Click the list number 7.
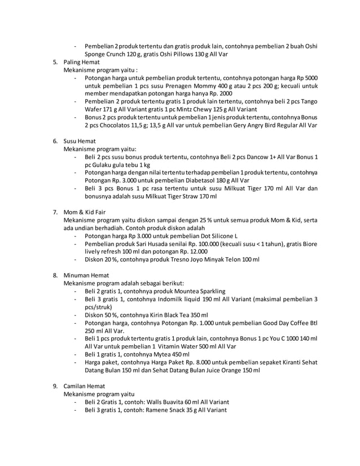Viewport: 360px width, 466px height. click(55, 212)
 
